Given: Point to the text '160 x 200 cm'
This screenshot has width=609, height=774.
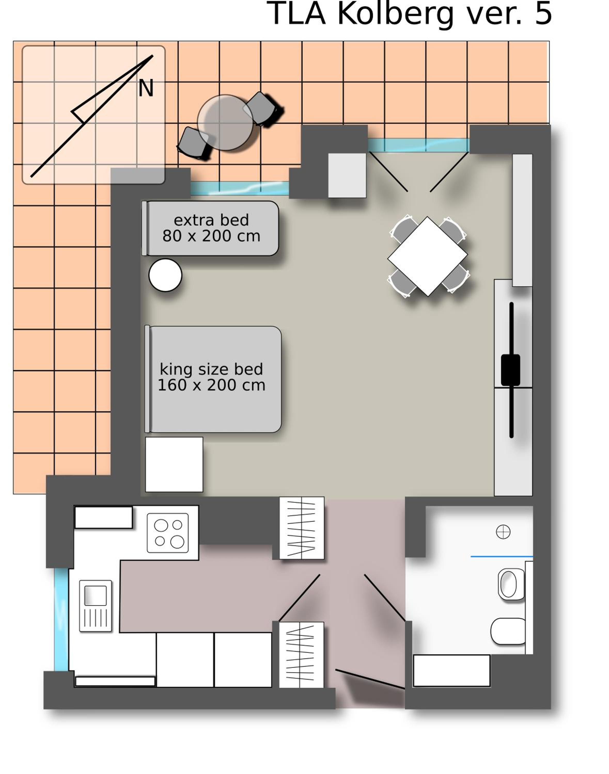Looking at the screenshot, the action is (212, 385).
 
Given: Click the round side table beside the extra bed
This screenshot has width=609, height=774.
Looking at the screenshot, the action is (165, 275).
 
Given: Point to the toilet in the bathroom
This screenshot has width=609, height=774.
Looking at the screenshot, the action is (508, 631).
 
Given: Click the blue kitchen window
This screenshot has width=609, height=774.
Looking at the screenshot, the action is (61, 620).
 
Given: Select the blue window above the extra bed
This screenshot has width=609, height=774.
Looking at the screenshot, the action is (240, 188).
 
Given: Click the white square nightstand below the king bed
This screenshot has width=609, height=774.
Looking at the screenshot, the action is (174, 464).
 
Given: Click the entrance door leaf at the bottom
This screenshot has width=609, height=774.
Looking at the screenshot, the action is (370, 679).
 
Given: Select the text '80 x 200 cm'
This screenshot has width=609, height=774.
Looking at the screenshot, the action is (212, 236).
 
